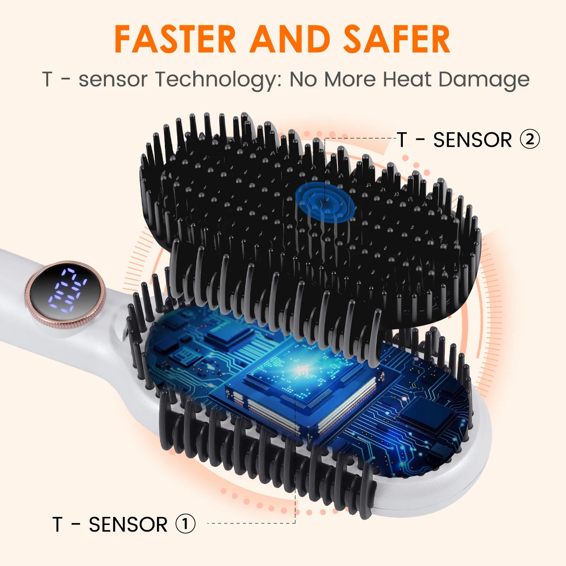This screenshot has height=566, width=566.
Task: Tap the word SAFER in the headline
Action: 397,40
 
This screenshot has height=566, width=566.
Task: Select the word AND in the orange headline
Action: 290,40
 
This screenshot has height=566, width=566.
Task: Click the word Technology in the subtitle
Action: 218,80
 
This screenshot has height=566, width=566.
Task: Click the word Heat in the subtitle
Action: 407,80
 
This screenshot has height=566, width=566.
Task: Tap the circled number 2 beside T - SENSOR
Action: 530,140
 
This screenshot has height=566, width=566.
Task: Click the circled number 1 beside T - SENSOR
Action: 186,524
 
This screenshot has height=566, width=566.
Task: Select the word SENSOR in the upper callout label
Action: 472,140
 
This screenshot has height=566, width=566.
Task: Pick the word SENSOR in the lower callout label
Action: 128,525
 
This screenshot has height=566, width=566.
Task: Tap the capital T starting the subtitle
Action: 47,80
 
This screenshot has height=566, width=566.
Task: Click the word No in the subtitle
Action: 304,80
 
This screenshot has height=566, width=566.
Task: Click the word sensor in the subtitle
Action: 113,80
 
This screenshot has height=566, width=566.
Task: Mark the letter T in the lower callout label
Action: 57,525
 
